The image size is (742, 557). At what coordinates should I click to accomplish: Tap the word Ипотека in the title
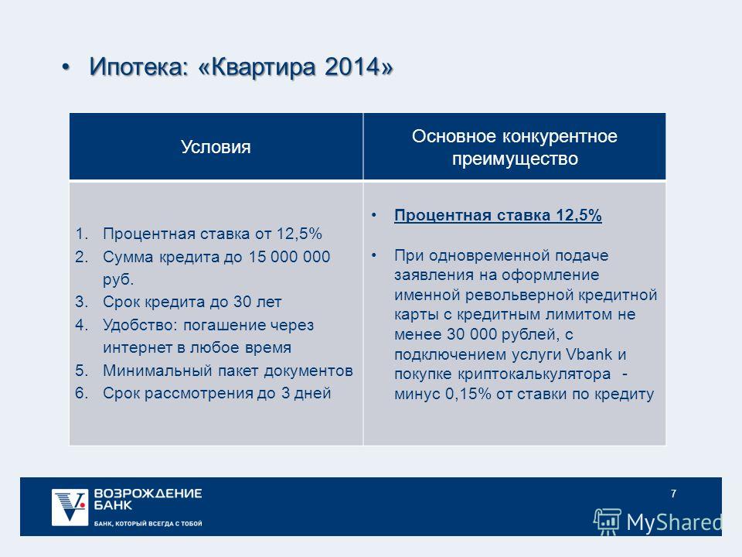click(x=134, y=67)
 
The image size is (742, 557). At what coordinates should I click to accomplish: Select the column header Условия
click(x=216, y=147)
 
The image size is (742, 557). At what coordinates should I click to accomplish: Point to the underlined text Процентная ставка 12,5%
click(x=498, y=216)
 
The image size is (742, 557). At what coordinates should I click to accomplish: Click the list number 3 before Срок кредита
click(x=81, y=302)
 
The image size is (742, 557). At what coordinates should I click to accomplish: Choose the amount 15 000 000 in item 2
click(x=289, y=257)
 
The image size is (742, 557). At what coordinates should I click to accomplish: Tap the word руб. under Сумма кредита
click(x=118, y=279)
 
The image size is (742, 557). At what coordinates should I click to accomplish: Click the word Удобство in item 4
click(x=140, y=325)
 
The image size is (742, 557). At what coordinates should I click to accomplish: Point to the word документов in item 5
click(x=308, y=371)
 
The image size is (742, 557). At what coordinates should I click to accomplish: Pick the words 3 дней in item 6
click(x=306, y=393)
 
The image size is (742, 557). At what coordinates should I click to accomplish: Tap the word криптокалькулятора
click(x=534, y=374)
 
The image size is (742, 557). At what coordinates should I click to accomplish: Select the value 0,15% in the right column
click(x=468, y=394)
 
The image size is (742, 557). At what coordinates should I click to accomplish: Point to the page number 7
click(x=673, y=494)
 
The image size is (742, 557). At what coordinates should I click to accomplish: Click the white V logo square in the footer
click(x=70, y=507)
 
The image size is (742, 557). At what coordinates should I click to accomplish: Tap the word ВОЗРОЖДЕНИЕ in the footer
click(x=148, y=494)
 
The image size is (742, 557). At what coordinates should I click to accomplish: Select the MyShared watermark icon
click(x=608, y=521)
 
